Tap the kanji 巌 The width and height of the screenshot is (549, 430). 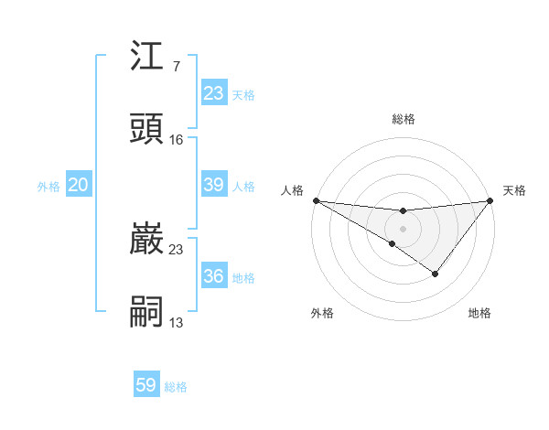[147, 240]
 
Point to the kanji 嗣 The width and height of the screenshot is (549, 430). [147, 311]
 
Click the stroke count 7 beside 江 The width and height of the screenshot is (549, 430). [176, 68]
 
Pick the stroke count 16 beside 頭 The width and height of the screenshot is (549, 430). [177, 140]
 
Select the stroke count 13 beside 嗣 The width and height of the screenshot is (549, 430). [177, 322]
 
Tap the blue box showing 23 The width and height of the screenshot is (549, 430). [214, 93]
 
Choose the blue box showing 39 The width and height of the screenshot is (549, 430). [214, 185]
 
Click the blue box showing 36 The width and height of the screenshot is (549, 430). [214, 276]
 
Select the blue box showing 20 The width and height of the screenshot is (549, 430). [78, 185]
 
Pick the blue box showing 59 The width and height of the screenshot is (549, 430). [146, 385]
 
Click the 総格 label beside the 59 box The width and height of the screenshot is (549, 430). [176, 387]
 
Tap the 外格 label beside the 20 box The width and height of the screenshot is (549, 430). [48, 187]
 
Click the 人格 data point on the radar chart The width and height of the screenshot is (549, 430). [316, 199]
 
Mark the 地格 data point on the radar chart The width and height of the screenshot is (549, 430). [436, 274]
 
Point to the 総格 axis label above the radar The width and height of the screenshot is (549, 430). [404, 119]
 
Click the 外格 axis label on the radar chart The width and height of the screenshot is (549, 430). [322, 313]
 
